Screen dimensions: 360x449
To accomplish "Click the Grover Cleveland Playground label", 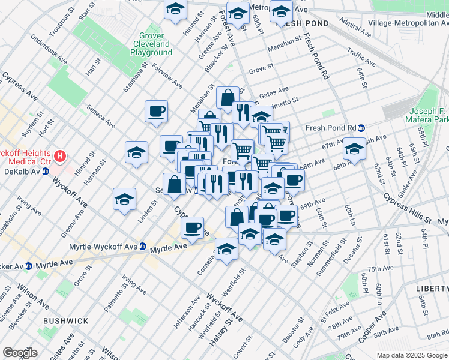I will point(151,44).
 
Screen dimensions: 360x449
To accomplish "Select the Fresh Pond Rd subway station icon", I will point(361,128).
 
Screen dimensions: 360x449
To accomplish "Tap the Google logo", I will point(20,353).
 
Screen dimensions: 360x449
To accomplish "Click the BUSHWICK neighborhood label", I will point(66,322).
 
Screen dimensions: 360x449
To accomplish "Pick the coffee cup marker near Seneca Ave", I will point(156,111).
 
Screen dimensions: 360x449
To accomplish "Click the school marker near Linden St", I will point(125,200).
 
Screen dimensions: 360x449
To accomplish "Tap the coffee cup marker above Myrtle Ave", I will point(193,228).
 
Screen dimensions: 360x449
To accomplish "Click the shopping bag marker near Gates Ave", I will point(228,97).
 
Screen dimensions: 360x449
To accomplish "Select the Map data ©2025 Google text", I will point(412,355).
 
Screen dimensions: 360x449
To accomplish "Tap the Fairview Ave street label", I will point(167,76).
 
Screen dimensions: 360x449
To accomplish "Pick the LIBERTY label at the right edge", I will point(432,289).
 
